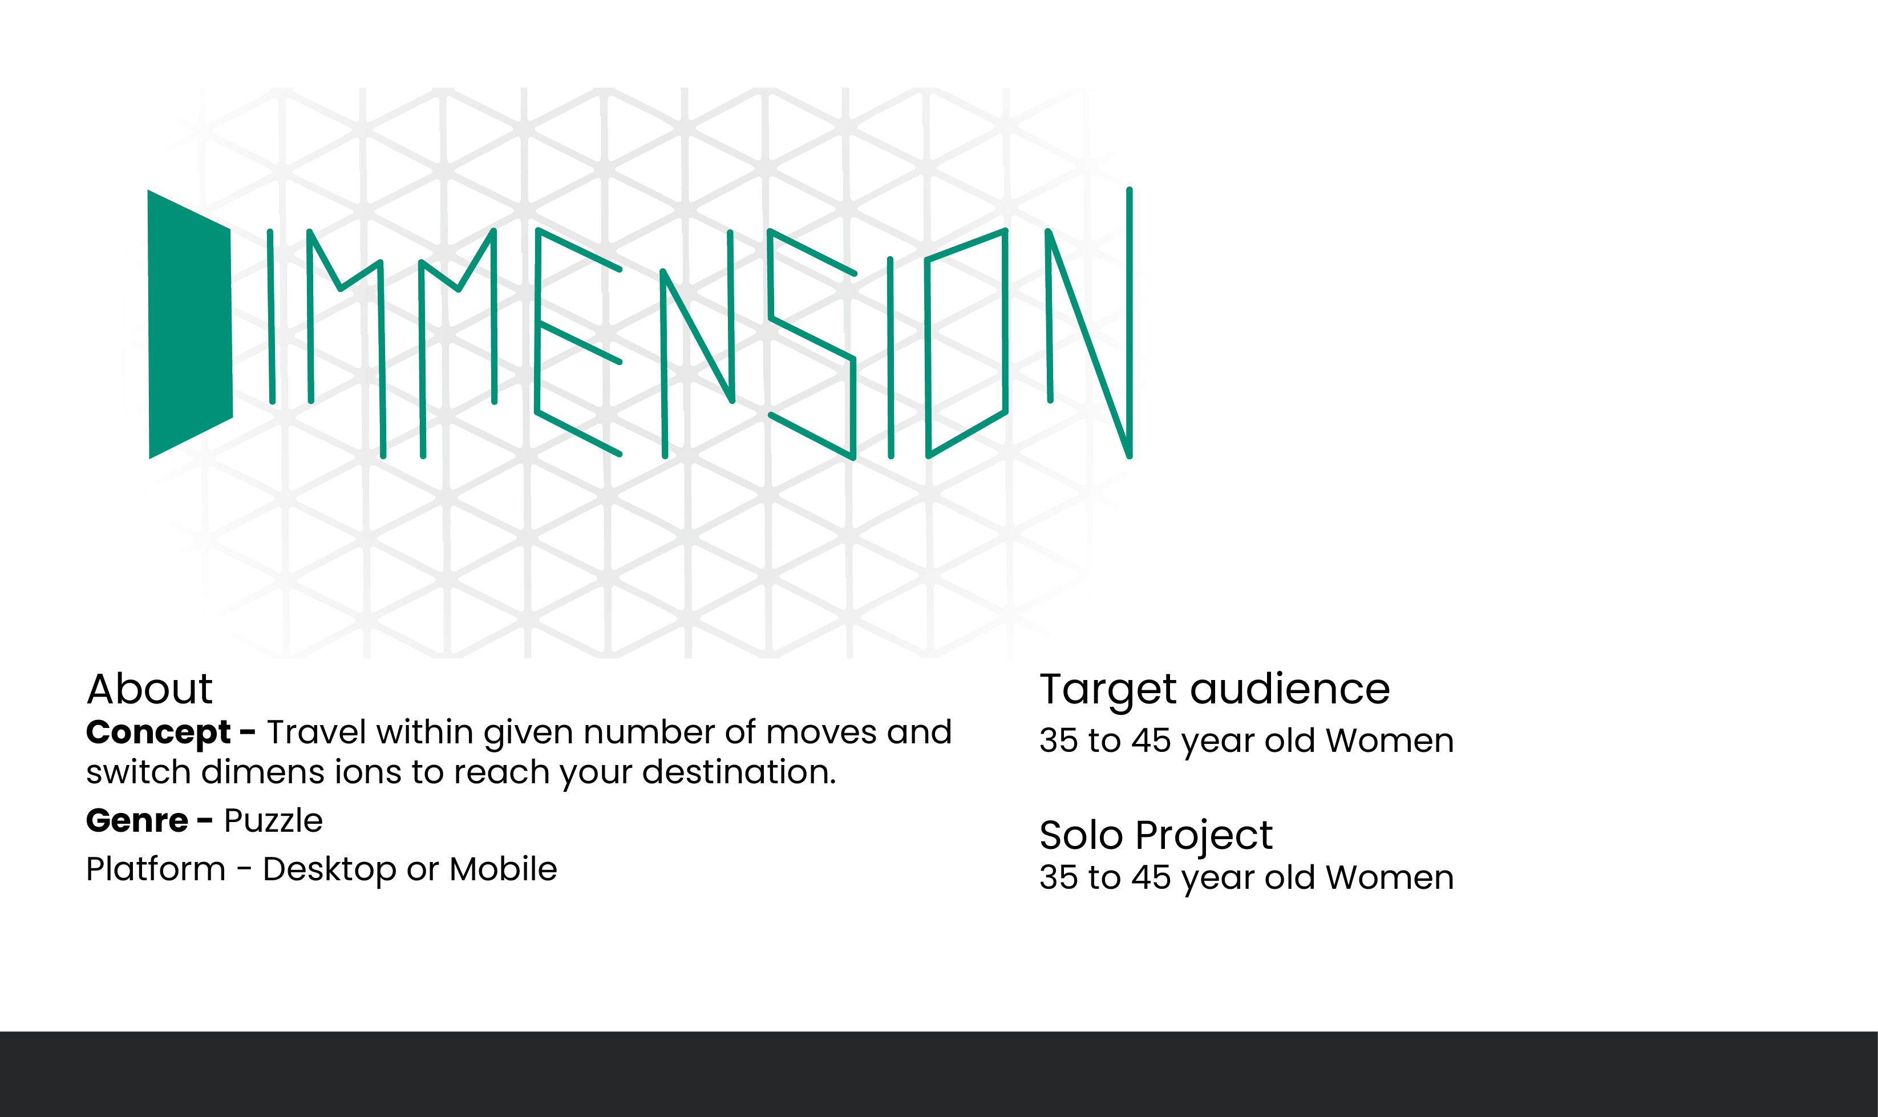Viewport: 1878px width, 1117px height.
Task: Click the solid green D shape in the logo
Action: (x=189, y=323)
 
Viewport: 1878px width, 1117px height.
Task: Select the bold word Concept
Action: (x=158, y=733)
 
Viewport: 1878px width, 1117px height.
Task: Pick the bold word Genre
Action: (x=136, y=820)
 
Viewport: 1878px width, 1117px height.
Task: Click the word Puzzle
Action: (x=273, y=820)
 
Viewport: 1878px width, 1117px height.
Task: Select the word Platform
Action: (x=155, y=869)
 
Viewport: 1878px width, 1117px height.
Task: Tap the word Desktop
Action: (x=329, y=870)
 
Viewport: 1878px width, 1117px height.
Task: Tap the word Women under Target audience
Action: (x=1390, y=740)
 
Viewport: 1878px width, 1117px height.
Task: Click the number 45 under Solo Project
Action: (x=1151, y=877)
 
